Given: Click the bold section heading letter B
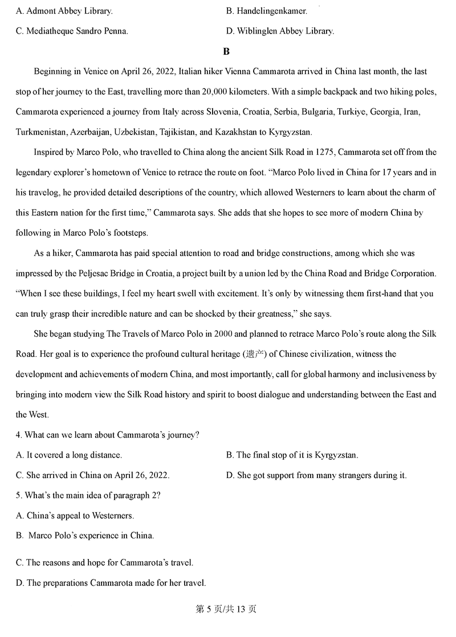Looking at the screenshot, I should (x=226, y=52).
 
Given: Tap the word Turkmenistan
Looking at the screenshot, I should (x=42, y=132).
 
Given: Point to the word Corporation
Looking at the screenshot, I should (x=410, y=273).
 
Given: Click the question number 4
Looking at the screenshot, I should (x=19, y=435).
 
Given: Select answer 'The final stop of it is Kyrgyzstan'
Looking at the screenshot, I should (x=292, y=455).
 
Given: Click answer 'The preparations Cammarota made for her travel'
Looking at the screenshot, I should (x=111, y=582).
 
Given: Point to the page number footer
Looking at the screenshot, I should (x=226, y=609).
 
